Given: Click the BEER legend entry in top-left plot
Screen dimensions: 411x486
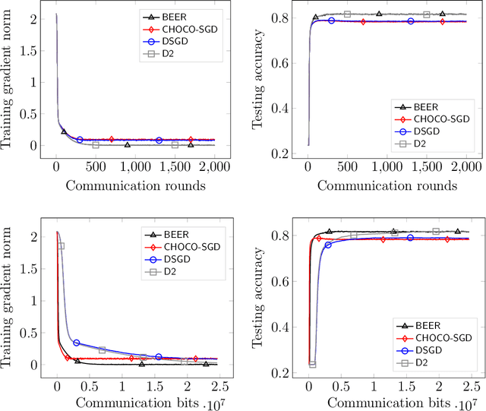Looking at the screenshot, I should tap(166, 15).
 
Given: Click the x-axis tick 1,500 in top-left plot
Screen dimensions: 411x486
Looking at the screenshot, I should tap(175, 166).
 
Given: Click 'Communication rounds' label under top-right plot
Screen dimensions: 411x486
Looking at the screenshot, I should tap(387, 185).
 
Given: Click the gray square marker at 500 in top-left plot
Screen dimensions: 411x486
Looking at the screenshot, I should tap(96, 144).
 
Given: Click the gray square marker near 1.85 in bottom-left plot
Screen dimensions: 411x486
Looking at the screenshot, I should tap(61, 246).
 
